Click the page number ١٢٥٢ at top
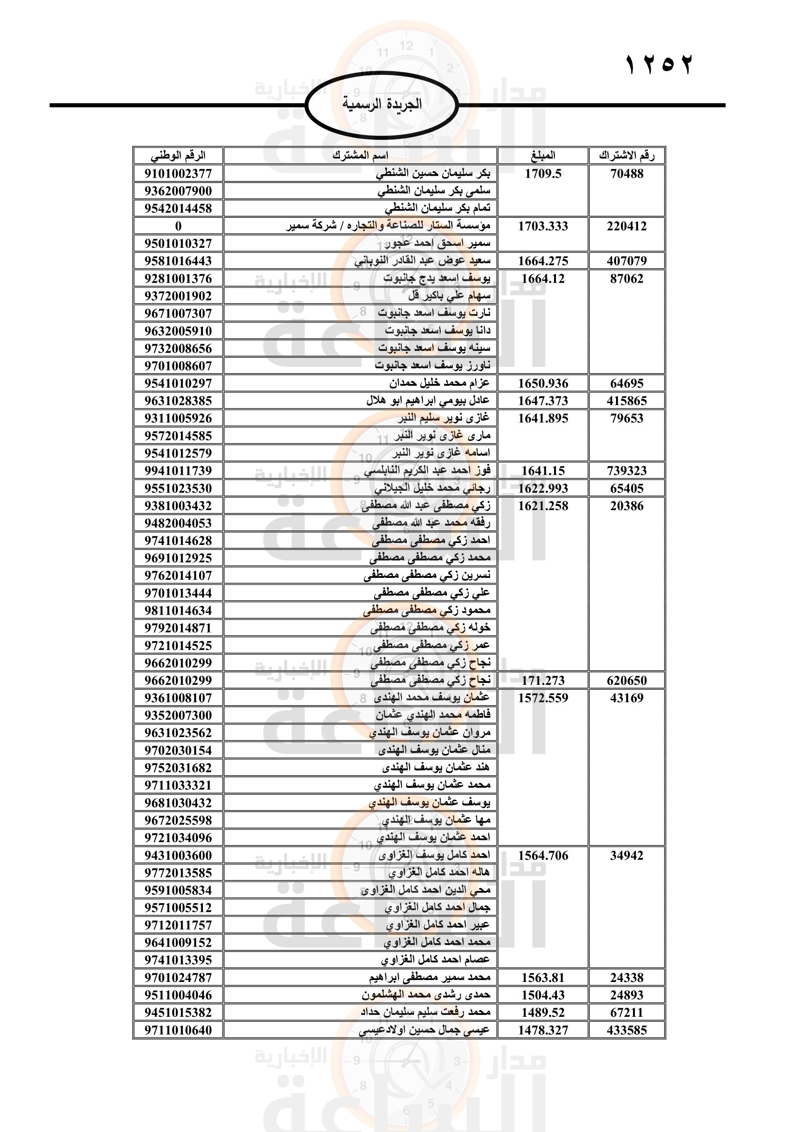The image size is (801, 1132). (659, 65)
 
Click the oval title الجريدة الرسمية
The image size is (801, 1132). (382, 104)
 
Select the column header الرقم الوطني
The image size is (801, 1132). (178, 156)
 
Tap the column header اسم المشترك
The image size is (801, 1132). (360, 156)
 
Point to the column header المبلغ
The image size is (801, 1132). (542, 156)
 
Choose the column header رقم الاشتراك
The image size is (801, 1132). (626, 156)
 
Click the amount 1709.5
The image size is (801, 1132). (542, 174)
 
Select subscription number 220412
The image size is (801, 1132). (626, 226)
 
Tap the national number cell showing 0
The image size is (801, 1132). (178, 226)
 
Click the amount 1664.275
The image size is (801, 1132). (542, 261)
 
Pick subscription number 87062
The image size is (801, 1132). (626, 279)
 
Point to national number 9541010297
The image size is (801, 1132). (178, 383)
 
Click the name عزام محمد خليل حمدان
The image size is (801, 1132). (439, 383)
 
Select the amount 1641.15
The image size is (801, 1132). (542, 471)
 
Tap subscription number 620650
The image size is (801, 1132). (626, 680)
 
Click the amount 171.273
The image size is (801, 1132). (542, 680)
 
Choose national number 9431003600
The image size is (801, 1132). (178, 855)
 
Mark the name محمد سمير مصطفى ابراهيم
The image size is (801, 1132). (430, 977)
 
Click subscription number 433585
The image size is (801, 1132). (626, 1030)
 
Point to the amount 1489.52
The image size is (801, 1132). (542, 1012)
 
